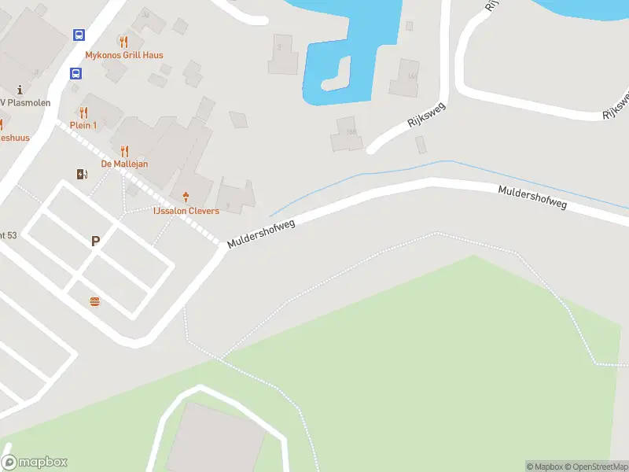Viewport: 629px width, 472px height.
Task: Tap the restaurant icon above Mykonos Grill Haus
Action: click(x=123, y=42)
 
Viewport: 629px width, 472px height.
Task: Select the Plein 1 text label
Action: click(x=83, y=126)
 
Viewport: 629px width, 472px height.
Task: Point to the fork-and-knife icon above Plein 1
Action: click(x=84, y=112)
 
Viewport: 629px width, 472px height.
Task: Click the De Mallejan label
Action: click(x=124, y=164)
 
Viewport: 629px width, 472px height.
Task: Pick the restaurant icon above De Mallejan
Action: click(x=124, y=150)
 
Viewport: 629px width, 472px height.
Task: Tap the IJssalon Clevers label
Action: click(x=186, y=211)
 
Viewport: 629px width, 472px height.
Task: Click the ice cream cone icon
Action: click(x=186, y=196)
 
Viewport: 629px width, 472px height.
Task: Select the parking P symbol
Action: click(x=96, y=242)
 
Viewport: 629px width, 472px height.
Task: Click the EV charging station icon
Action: click(x=82, y=175)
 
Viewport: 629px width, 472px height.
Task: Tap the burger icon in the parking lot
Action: click(x=95, y=301)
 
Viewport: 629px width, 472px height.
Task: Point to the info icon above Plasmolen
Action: click(x=19, y=90)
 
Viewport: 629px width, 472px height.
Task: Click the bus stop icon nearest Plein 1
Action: click(x=75, y=74)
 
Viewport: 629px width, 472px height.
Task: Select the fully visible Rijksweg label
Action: click(x=427, y=112)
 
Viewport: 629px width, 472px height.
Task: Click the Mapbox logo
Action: click(x=35, y=463)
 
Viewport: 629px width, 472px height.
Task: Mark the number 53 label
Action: click(x=9, y=234)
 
